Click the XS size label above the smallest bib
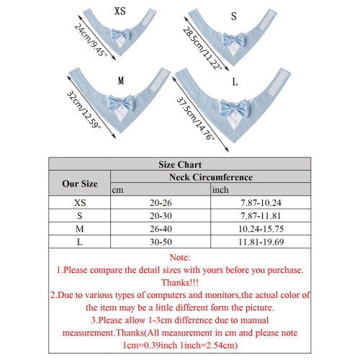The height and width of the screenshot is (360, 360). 120,11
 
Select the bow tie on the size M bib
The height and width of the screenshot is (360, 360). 121,103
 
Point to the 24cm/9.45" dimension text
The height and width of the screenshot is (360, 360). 91,40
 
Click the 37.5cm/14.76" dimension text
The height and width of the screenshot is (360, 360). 195,119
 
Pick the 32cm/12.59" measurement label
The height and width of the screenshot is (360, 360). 84,109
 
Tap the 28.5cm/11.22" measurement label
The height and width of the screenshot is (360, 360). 203,48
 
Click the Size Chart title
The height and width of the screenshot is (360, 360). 180,164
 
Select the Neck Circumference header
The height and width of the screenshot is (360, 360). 211,177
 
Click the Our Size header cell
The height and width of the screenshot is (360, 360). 80,184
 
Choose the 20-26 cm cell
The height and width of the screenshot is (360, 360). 161,203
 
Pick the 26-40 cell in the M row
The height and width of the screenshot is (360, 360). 161,229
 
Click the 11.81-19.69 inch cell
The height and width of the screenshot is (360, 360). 261,242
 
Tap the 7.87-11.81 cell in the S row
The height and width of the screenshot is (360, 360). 261,216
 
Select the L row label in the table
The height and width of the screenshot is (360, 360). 80,242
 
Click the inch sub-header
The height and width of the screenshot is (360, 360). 220,189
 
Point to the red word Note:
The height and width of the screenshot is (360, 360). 180,257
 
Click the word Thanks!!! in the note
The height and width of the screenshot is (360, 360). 180,282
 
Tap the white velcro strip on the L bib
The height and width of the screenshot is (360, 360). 279,82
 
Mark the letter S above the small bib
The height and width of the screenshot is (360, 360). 234,16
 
